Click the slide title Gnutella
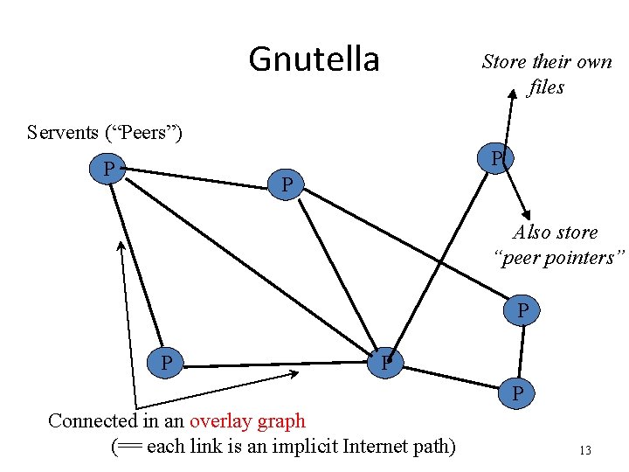click(x=314, y=59)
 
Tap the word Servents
click(x=63, y=133)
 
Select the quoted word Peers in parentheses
click(x=143, y=133)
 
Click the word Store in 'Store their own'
click(x=504, y=62)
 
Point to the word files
click(x=546, y=87)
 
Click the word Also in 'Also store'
click(x=532, y=233)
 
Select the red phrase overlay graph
click(x=247, y=420)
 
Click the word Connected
click(x=92, y=420)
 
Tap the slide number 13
click(x=584, y=450)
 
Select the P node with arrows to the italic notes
click(x=496, y=159)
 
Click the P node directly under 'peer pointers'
click(x=522, y=310)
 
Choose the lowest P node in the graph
click(x=518, y=394)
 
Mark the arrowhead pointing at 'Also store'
click(x=527, y=214)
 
